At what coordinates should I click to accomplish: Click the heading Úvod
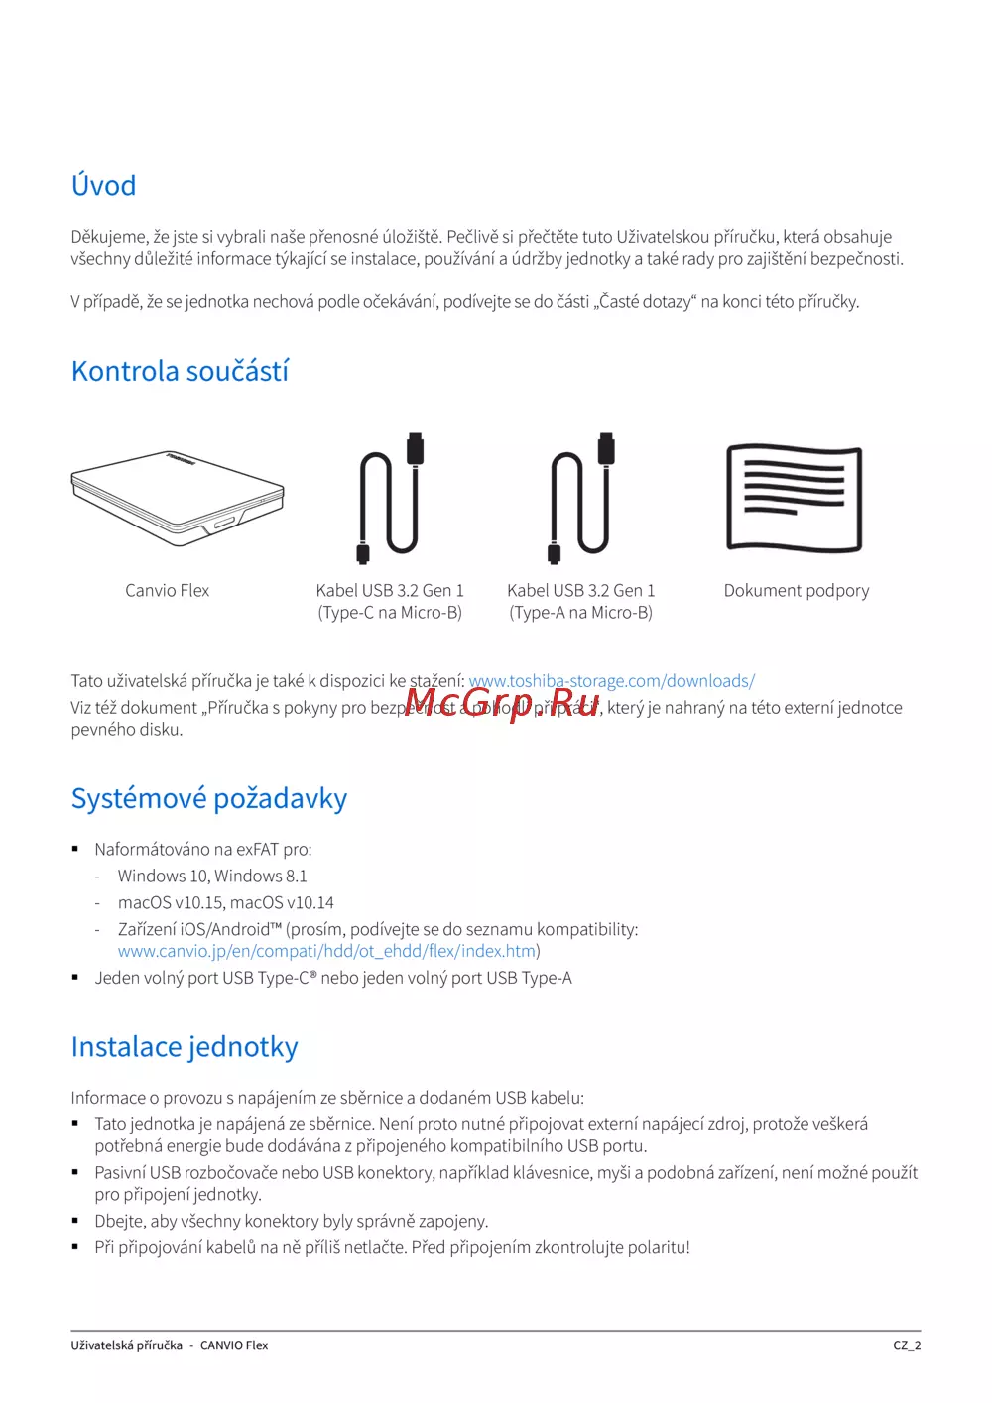103,185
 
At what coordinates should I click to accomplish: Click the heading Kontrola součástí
180,371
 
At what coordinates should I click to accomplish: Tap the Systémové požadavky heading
208,798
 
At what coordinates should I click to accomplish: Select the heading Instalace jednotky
185,1047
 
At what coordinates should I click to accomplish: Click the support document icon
795,498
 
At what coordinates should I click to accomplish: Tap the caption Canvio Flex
167,591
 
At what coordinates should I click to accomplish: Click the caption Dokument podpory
796,591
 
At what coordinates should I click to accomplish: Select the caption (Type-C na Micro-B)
390,613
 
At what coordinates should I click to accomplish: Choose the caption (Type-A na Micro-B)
581,613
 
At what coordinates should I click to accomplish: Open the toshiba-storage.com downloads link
611,681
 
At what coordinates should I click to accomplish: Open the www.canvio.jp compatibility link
326,951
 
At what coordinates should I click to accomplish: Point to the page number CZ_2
907,1345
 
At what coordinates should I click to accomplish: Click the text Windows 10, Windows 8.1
212,877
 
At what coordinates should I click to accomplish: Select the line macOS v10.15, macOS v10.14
225,903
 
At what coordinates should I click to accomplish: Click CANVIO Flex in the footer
234,1345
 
